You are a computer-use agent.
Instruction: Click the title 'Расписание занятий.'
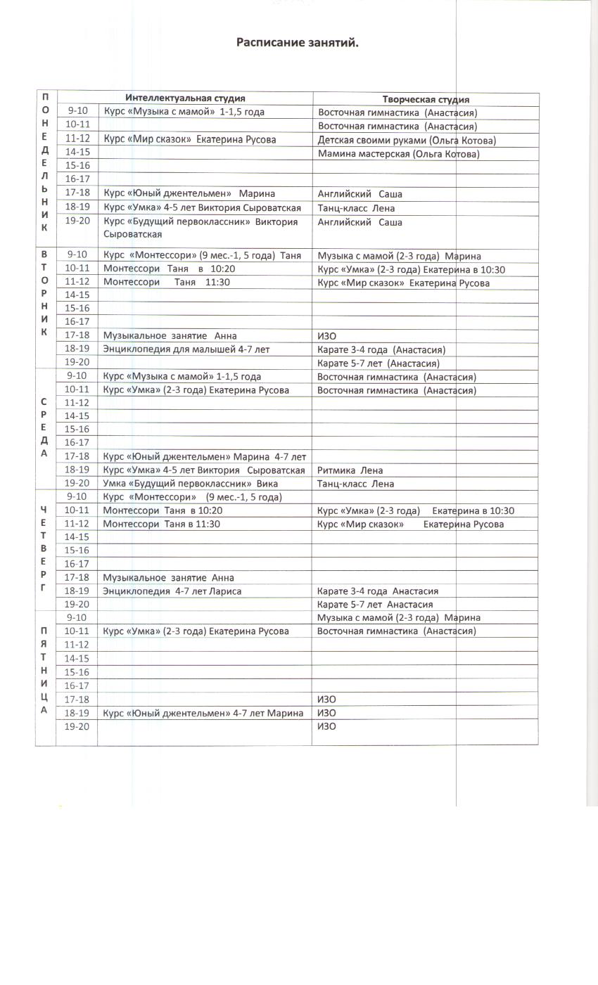(x=298, y=43)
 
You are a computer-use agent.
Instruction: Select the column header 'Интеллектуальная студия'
(x=185, y=98)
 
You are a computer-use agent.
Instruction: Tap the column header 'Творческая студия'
(x=426, y=99)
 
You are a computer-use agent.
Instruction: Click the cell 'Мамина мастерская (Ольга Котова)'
(x=398, y=153)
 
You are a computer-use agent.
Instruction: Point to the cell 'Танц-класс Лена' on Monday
(x=356, y=207)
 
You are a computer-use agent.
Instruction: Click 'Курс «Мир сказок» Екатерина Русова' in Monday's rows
(x=189, y=139)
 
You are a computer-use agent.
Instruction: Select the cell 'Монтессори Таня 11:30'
(x=166, y=282)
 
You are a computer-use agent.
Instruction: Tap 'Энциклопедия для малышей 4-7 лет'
(x=186, y=349)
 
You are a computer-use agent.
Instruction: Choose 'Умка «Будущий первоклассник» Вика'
(x=190, y=483)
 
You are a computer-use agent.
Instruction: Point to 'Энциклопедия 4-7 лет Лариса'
(x=172, y=591)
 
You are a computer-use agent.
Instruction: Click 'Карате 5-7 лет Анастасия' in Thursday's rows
(x=374, y=604)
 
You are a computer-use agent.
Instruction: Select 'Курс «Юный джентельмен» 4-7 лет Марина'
(x=203, y=713)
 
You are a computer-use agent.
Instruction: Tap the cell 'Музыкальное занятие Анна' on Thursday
(x=168, y=577)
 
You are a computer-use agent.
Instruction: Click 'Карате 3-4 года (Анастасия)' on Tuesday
(x=381, y=349)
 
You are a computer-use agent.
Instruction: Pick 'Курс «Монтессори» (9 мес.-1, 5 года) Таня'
(x=202, y=255)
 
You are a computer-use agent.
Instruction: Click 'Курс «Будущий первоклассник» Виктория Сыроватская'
(x=201, y=227)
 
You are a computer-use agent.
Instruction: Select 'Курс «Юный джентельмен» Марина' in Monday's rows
(x=189, y=193)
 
